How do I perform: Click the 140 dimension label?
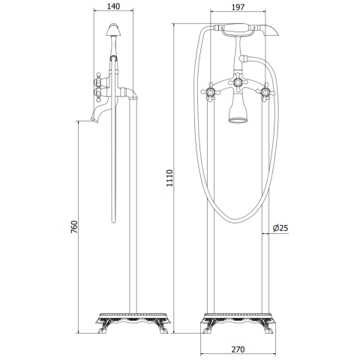coord(113,6)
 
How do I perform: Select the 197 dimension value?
coord(238,7)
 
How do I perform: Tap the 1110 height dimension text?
coord(169,178)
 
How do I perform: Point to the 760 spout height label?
coord(74,226)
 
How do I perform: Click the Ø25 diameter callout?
coord(280,228)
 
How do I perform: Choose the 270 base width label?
coord(238,349)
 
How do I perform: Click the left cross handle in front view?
coord(211,92)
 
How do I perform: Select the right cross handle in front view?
coord(265,92)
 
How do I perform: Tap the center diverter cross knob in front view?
coord(238,82)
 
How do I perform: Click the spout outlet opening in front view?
coord(238,120)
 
